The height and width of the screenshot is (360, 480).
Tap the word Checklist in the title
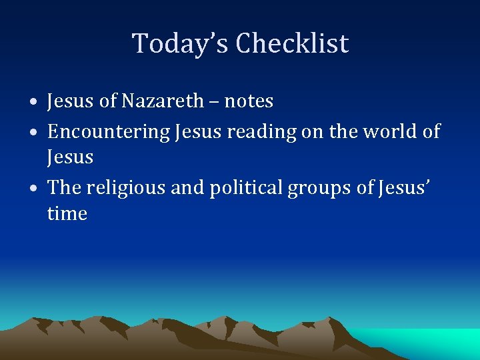pyautogui.click(x=292, y=44)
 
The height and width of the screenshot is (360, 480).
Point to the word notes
pyautogui.click(x=249, y=101)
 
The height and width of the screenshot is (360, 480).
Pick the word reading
pyautogui.click(x=261, y=132)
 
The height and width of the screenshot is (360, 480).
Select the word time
pyautogui.click(x=67, y=214)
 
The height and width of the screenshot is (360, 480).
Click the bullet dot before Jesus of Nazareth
pyautogui.click(x=33, y=103)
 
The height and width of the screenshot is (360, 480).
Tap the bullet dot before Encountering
pyautogui.click(x=33, y=133)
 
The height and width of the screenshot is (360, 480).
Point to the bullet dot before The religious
pyautogui.click(x=33, y=189)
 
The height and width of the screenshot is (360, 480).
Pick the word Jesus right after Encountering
pyautogui.click(x=198, y=131)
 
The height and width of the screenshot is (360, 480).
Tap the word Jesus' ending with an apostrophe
pyautogui.click(x=402, y=188)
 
